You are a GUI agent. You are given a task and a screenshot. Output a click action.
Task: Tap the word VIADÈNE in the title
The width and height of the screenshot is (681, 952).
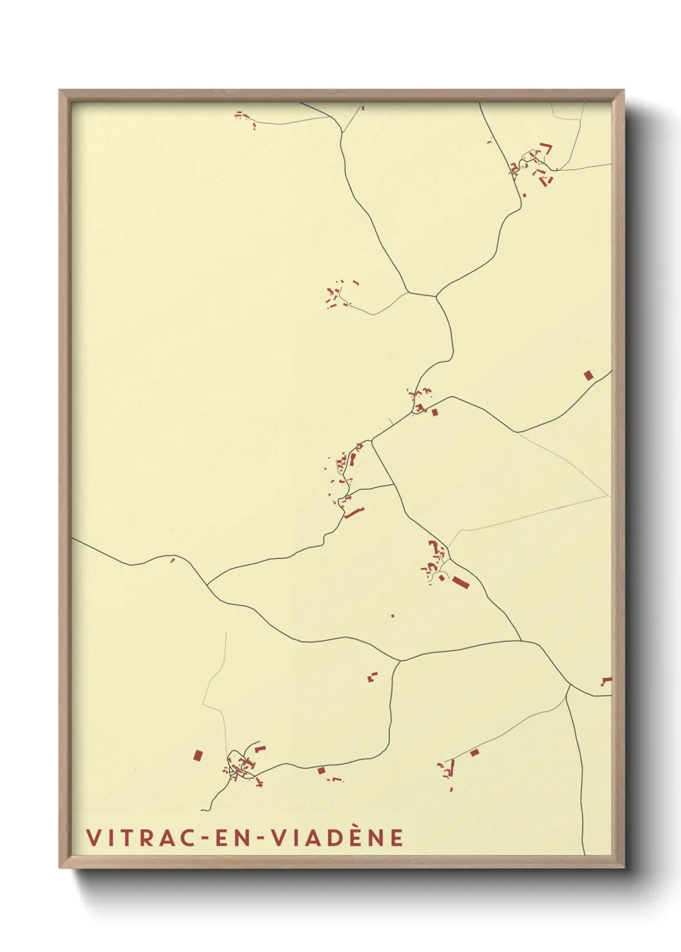click(x=336, y=838)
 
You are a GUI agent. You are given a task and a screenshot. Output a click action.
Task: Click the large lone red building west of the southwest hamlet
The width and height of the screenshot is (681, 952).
click(x=198, y=755)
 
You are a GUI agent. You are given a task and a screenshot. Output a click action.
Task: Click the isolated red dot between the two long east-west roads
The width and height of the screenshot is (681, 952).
click(x=393, y=616)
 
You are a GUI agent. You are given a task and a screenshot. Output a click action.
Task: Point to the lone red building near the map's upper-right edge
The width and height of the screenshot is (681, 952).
click(x=588, y=375)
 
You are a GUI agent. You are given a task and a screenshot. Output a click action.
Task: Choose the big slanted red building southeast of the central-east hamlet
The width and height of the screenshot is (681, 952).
click(x=460, y=582)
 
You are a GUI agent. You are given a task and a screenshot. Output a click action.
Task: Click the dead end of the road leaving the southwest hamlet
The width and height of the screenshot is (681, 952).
click(x=203, y=810)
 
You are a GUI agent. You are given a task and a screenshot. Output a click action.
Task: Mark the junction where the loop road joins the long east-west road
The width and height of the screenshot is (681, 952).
click(x=400, y=661)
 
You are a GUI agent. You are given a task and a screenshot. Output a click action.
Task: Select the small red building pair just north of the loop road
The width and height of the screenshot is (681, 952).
click(x=372, y=677)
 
